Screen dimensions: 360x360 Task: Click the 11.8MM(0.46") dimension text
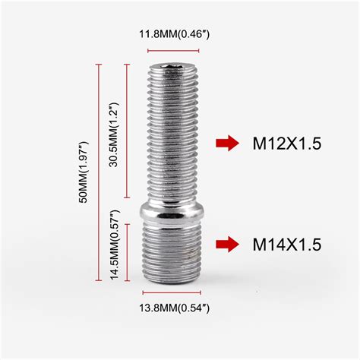coord(175,33)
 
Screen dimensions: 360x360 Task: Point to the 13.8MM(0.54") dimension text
coord(175,308)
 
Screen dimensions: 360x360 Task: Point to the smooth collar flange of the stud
coord(175,212)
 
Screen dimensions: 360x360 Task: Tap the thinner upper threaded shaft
coord(174,137)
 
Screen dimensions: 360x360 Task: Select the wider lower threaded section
coord(175,251)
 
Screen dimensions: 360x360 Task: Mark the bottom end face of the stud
coord(175,279)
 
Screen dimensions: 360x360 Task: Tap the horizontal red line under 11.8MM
coord(174,49)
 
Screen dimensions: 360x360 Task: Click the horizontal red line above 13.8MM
coord(175,292)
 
